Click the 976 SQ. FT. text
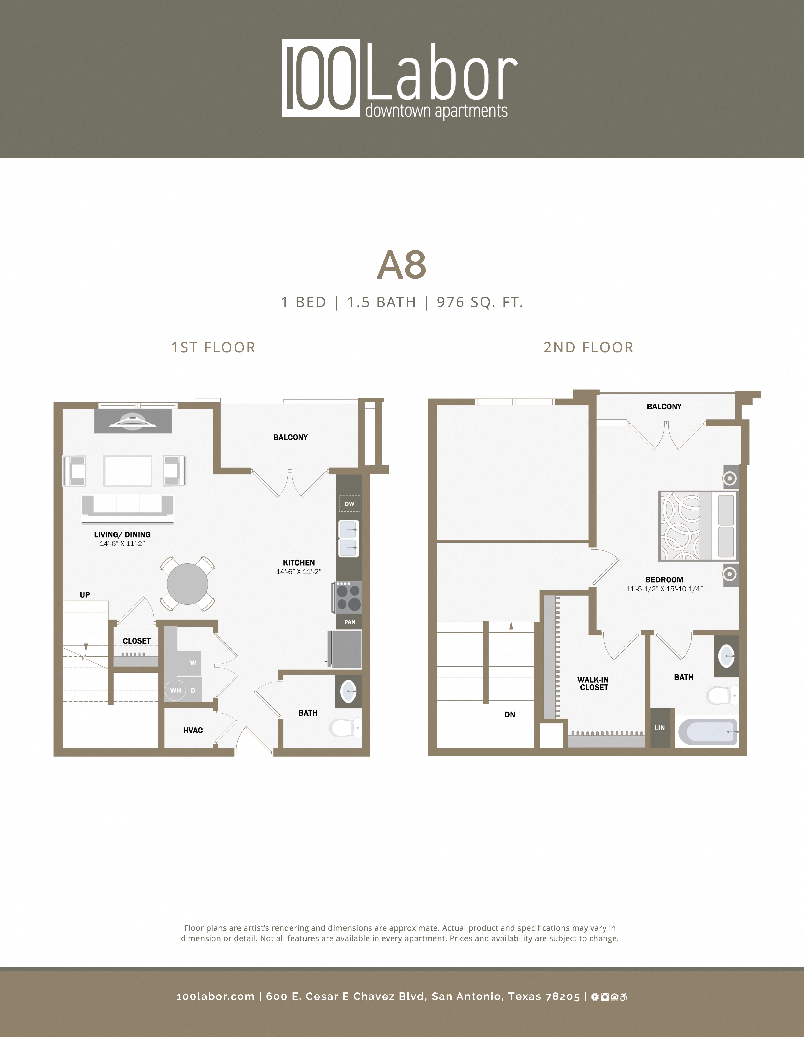[x=480, y=303]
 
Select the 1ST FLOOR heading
[x=213, y=348]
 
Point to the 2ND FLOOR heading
[x=588, y=348]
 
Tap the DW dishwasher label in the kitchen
[x=350, y=504]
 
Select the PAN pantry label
[x=350, y=622]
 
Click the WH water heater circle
[x=175, y=690]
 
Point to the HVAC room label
[x=193, y=730]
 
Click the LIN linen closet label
[x=660, y=728]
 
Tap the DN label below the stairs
[x=510, y=715]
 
